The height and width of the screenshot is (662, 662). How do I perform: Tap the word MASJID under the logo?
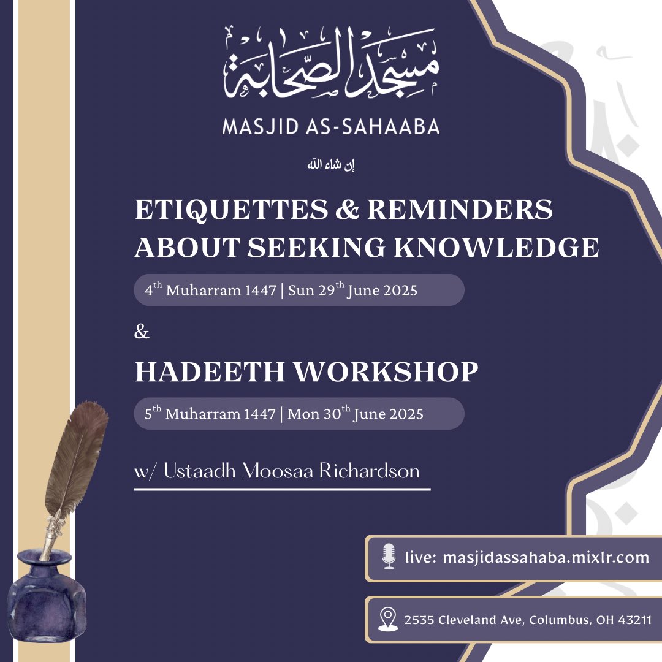click(x=261, y=127)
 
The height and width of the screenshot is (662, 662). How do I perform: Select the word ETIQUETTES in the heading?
click(x=231, y=210)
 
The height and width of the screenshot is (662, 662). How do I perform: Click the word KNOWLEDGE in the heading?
click(x=496, y=247)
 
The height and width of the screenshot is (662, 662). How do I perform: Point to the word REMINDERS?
click(x=460, y=210)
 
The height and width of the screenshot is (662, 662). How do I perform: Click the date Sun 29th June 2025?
click(x=352, y=289)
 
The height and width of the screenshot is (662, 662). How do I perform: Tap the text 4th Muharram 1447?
click(x=210, y=289)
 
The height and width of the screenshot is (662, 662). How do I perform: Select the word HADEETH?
click(x=210, y=371)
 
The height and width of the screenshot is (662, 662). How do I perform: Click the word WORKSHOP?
click(x=386, y=371)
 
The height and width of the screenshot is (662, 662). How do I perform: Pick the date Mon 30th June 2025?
click(x=356, y=413)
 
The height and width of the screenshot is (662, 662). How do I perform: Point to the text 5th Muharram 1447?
click(x=210, y=413)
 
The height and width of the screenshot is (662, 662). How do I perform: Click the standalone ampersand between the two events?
click(x=142, y=332)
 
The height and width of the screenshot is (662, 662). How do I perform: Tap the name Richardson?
click(x=369, y=471)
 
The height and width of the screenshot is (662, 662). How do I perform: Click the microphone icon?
click(x=389, y=557)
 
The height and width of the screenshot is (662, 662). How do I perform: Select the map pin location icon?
click(x=387, y=619)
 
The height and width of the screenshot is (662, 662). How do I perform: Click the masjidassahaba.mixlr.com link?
click(x=546, y=557)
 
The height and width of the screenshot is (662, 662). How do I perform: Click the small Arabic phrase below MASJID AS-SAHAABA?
click(x=331, y=165)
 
